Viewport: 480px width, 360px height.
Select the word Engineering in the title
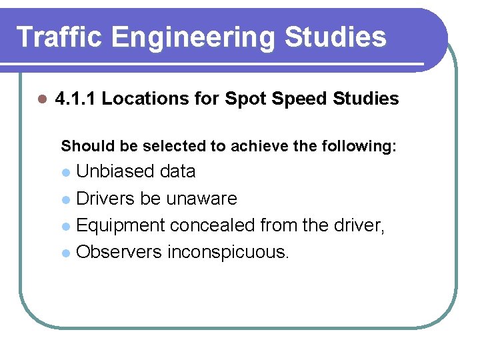pyautogui.click(x=193, y=38)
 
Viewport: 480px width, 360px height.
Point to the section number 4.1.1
pyautogui.click(x=75, y=99)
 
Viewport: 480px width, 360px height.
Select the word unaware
pyautogui.click(x=201, y=199)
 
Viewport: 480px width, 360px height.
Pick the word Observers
pyautogui.click(x=119, y=253)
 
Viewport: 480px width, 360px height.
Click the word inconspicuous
pyautogui.click(x=228, y=253)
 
